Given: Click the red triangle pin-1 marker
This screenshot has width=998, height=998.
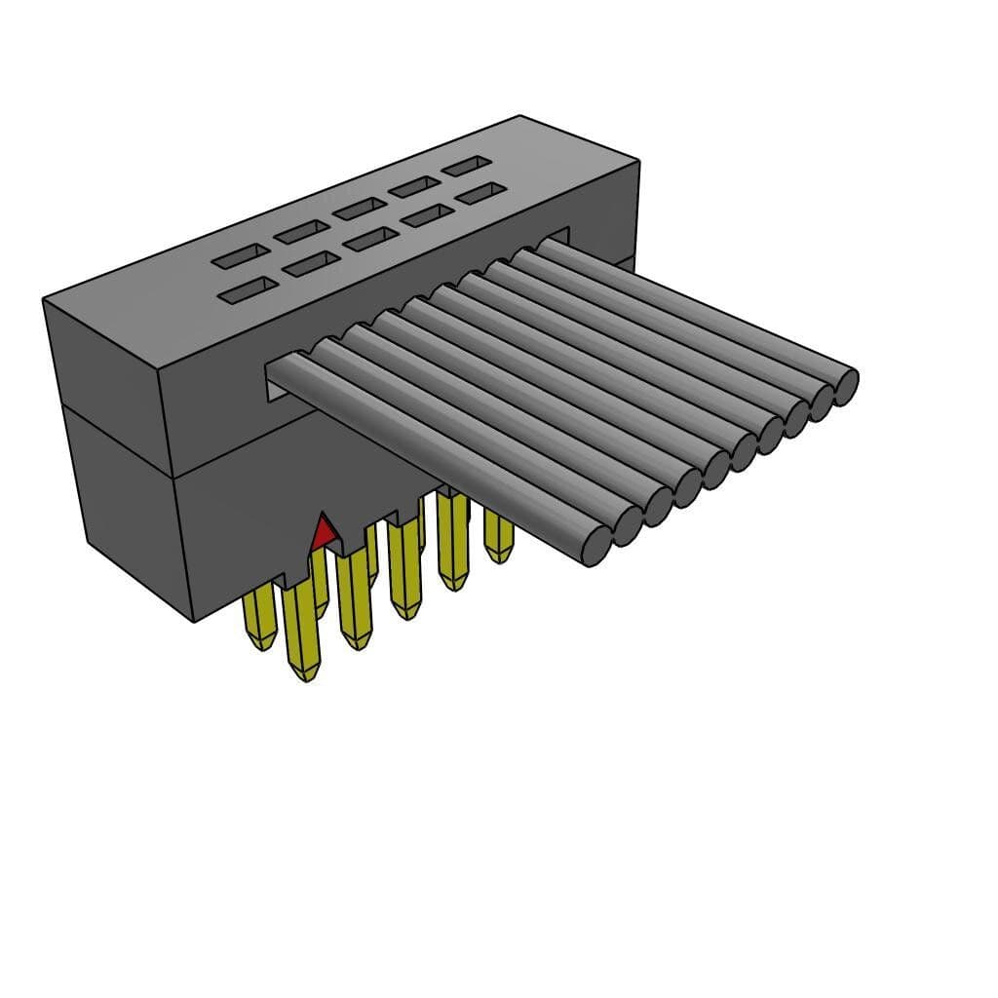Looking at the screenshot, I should coord(323,532).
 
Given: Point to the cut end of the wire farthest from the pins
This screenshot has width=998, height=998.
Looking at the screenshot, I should coord(845,387).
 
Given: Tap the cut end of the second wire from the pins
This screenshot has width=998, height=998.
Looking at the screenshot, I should coord(627,526).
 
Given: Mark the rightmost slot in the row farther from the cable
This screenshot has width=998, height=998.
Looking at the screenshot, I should coord(467,166).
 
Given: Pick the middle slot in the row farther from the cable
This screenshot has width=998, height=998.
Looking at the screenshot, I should coord(358,208).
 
